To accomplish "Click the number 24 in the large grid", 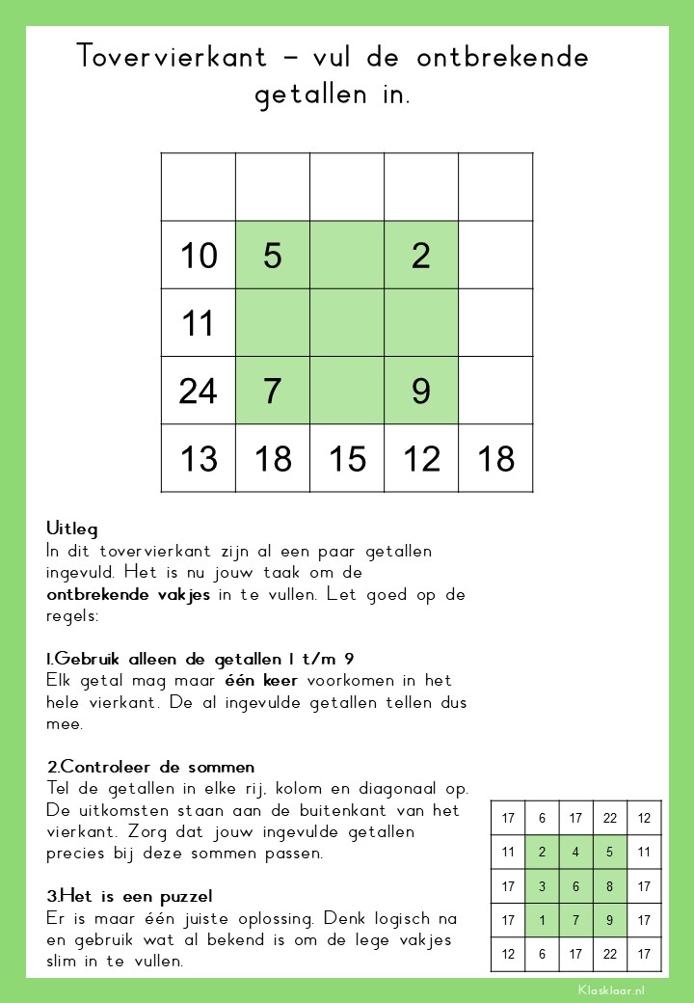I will click(199, 391).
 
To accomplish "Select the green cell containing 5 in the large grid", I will click(273, 256).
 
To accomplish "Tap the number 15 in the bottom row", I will click(347, 459).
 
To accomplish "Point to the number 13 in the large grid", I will click(199, 459).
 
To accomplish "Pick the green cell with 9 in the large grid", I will click(421, 391).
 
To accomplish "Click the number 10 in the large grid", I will click(199, 256).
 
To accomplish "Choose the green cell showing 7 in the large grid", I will click(273, 391).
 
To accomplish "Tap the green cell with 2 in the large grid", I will click(421, 256).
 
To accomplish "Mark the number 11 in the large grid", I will click(199, 323).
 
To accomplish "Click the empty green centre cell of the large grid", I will click(347, 323).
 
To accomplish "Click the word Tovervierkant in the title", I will click(172, 57).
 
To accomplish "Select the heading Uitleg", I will click(72, 529).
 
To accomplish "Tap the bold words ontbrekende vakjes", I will click(128, 594).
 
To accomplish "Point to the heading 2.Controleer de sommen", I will click(150, 768).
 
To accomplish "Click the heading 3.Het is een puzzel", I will click(129, 897).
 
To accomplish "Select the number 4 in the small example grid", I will click(575, 852).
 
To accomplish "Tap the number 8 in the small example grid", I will click(609, 886).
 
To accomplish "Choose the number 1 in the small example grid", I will click(542, 921).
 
